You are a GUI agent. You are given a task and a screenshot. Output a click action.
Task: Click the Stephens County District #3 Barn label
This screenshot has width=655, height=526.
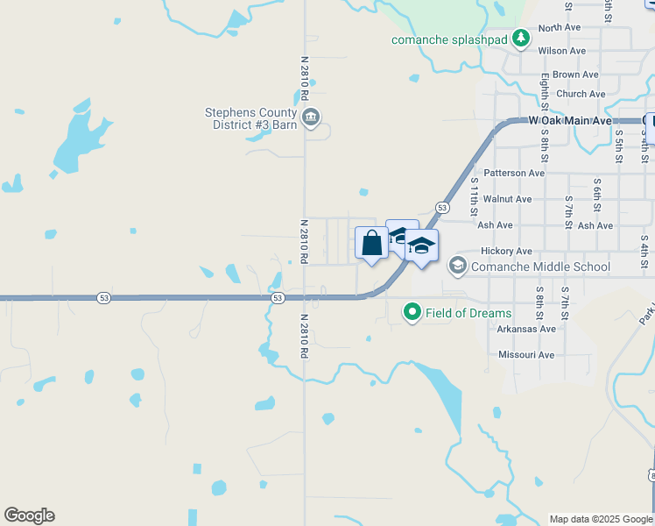(x=250, y=118)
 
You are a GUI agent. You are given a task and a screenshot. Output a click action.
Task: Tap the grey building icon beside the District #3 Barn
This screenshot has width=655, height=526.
(x=310, y=117)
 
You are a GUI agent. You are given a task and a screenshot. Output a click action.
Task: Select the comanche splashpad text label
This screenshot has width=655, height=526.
(x=450, y=39)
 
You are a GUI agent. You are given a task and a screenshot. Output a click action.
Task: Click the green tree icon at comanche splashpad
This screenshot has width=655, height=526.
(x=521, y=38)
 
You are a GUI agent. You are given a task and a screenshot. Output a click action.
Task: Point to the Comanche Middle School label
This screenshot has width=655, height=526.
(x=540, y=267)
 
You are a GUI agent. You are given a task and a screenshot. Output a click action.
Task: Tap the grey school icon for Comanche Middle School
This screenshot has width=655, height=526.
(x=457, y=265)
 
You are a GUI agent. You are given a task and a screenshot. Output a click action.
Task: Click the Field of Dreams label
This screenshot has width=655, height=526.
(x=468, y=313)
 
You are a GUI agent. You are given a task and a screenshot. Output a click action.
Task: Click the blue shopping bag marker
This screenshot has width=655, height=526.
(x=371, y=244)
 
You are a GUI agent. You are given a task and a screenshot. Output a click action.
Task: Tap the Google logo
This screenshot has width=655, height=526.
(x=29, y=515)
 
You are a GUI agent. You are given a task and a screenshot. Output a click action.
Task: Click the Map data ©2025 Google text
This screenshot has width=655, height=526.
(x=601, y=519)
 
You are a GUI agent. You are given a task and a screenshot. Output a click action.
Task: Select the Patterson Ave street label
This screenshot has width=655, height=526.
(x=514, y=173)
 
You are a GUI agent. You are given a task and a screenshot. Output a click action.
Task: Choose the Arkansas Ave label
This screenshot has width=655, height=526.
(x=527, y=329)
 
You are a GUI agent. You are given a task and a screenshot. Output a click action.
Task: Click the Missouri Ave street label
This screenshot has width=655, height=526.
(x=526, y=355)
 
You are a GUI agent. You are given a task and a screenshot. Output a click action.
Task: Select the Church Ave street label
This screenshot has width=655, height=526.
(x=581, y=94)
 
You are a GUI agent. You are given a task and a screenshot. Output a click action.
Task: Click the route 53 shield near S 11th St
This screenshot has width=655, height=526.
(x=442, y=208)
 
